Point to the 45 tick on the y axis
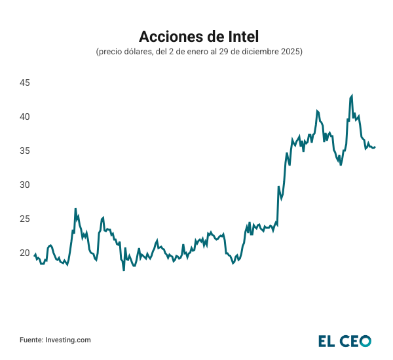click(25, 83)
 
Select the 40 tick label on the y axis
click(25, 117)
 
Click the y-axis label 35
click(25, 151)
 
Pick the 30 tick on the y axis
click(25, 185)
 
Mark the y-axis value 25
click(25, 219)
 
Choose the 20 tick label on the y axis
click(25, 253)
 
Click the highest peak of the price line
click(352, 96)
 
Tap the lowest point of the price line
click(123, 270)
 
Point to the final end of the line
click(375, 147)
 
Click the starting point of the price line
click(34, 256)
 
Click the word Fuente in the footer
click(31, 340)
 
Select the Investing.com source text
click(67, 340)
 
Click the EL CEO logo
click(345, 340)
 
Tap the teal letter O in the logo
click(365, 340)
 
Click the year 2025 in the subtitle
click(291, 51)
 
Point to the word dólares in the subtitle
click(136, 51)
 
